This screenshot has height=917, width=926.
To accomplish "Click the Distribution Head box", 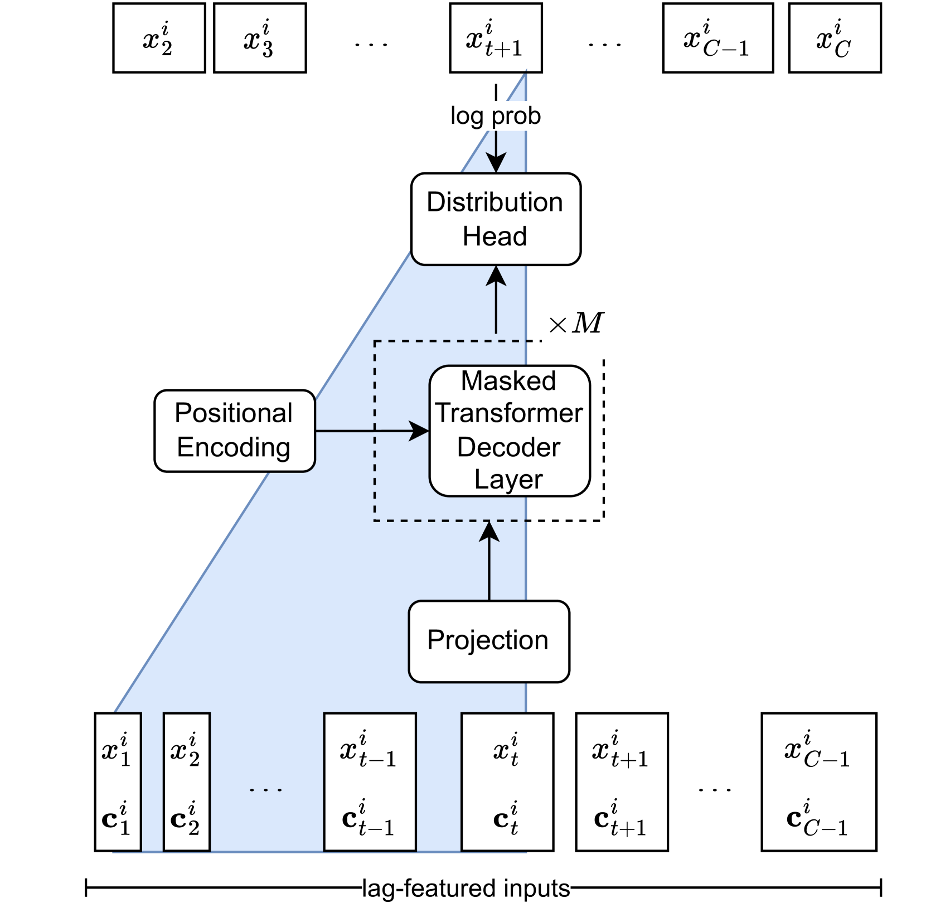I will coord(495,219).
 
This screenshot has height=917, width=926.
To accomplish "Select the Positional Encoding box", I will coord(235,431).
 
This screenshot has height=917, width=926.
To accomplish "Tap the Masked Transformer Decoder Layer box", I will coord(508,431).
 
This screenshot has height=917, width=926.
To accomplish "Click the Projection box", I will coord(488,641).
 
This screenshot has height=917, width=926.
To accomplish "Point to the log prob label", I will coord(495,116).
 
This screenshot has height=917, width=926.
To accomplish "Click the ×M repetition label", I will coord(576,323).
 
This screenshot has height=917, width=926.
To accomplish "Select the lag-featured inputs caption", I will coord(466,889).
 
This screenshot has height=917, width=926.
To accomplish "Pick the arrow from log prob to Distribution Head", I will coord(496,152).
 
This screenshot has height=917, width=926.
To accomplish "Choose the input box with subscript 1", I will coord(118,781).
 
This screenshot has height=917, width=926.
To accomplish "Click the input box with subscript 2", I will coord(186,781).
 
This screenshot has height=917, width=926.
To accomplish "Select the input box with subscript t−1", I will coord(370,781).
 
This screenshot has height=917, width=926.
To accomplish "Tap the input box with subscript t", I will coord(506,781).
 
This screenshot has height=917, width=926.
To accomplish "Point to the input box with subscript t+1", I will coord(622,781).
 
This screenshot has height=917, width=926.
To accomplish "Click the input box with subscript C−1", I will coord(818,781).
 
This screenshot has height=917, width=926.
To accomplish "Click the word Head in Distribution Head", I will coord(494,237).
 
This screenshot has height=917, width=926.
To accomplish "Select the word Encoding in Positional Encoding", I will coord(234,447).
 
